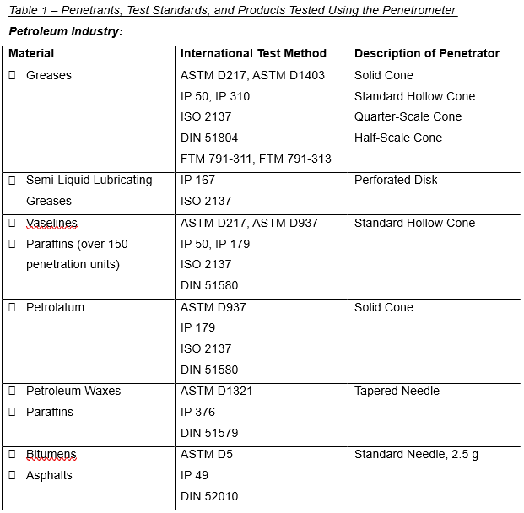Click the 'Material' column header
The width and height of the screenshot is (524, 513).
click(x=31, y=54)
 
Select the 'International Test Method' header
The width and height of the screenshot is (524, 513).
click(x=253, y=54)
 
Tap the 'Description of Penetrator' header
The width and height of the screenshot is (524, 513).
click(x=426, y=54)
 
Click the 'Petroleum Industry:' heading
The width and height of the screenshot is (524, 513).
click(x=66, y=31)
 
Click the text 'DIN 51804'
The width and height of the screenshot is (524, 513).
click(x=209, y=138)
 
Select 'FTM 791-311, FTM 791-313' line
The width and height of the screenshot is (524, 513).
click(x=256, y=159)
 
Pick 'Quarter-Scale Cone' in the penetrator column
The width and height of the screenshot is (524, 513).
click(x=408, y=116)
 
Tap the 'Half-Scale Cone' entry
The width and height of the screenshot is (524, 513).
click(x=397, y=138)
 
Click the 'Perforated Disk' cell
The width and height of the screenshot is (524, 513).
click(x=396, y=180)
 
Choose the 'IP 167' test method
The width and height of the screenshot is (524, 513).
click(x=197, y=180)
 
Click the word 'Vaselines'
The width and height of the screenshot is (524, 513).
click(x=51, y=223)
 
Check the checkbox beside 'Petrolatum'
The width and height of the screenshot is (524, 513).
click(x=13, y=307)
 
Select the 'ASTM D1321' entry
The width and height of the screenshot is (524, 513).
click(x=216, y=391)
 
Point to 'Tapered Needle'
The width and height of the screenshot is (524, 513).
click(x=397, y=391)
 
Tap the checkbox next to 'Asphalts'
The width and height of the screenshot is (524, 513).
click(x=13, y=475)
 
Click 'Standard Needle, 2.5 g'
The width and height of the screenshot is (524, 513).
click(x=416, y=455)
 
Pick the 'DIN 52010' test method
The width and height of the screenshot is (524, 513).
click(x=209, y=496)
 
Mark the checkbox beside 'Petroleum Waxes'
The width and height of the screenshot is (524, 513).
click(x=13, y=391)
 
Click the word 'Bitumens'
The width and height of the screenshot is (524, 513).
click(x=51, y=455)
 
